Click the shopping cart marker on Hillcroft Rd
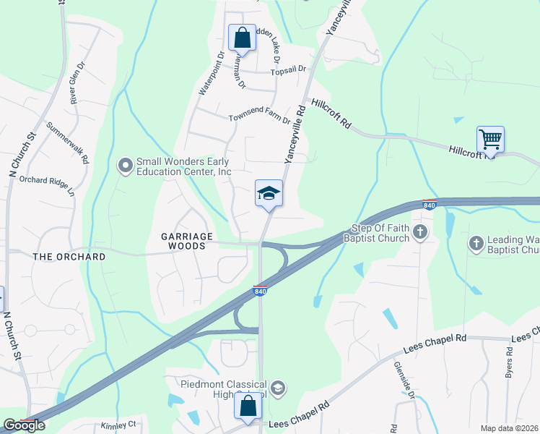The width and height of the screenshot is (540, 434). coord(490,140)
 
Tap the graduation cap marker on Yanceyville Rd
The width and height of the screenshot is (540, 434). coord(269,194)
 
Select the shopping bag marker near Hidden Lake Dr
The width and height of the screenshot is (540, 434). coord(242,36)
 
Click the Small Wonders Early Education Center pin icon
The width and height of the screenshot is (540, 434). coord(126,166)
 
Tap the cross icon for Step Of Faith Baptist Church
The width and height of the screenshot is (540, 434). coord(422,231)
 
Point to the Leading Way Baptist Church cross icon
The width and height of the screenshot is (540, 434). coord(476,244)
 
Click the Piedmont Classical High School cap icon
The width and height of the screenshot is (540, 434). coord(279,389)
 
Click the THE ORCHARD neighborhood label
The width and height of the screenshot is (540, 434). coord(69,257)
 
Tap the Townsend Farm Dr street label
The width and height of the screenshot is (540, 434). coord(259,118)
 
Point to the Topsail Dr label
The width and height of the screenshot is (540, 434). coord(288,69)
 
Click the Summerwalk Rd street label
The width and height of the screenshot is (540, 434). coord(67,142)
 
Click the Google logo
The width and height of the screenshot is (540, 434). coord(24,425)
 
